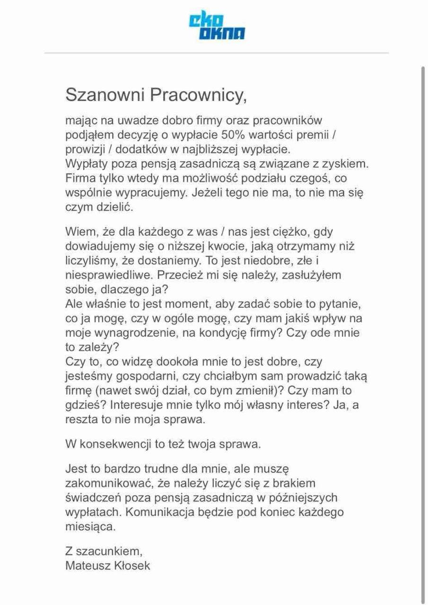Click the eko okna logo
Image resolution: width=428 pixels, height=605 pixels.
tap(217, 26)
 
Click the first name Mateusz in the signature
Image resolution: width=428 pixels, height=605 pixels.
tap(87, 565)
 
